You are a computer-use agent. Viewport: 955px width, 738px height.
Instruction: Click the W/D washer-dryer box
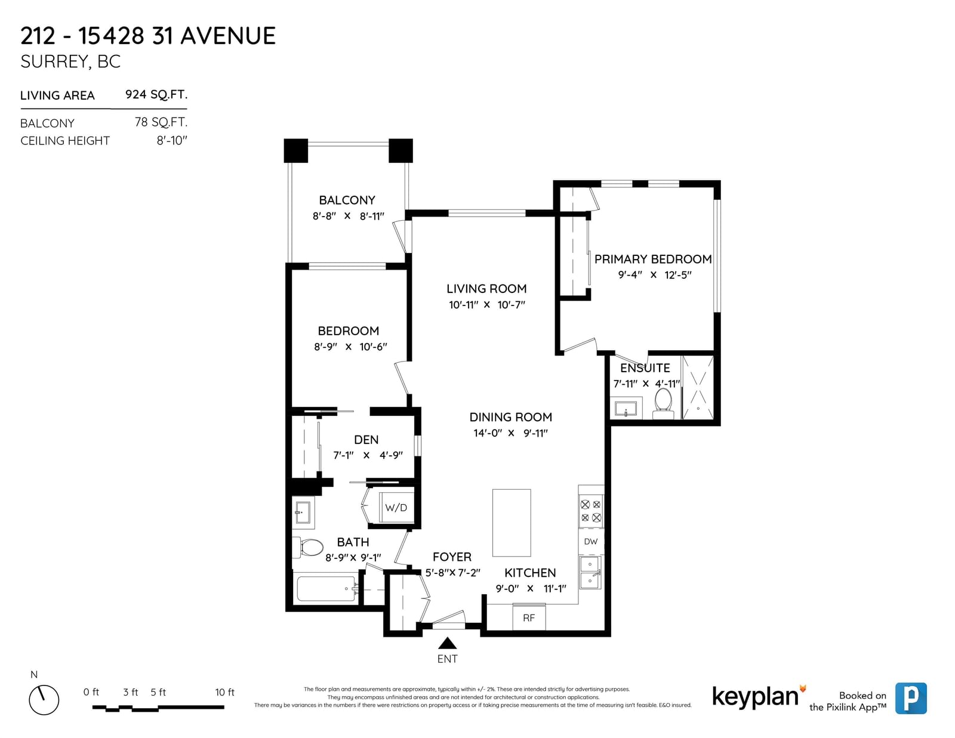396,507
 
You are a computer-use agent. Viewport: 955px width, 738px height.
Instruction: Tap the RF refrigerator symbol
529,617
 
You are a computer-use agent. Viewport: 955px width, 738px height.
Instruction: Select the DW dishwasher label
591,542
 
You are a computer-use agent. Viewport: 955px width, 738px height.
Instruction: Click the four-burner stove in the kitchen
591,511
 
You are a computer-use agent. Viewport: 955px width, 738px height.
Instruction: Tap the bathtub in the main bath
328,589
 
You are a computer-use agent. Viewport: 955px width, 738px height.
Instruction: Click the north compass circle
44,700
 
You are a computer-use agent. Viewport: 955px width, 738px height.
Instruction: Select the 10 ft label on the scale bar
224,692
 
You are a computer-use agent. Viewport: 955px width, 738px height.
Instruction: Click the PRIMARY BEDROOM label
653,259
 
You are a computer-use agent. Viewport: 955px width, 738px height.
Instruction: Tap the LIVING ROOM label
486,289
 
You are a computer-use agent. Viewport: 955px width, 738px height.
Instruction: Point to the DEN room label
366,440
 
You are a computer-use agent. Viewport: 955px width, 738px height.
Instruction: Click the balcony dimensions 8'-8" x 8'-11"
348,216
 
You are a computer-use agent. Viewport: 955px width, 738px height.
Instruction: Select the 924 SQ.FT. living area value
156,94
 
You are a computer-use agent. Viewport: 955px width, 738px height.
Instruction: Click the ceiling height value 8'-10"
172,141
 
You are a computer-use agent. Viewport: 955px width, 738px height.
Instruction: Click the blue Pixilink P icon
911,698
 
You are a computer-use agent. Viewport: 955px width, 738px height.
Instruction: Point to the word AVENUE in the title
227,36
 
